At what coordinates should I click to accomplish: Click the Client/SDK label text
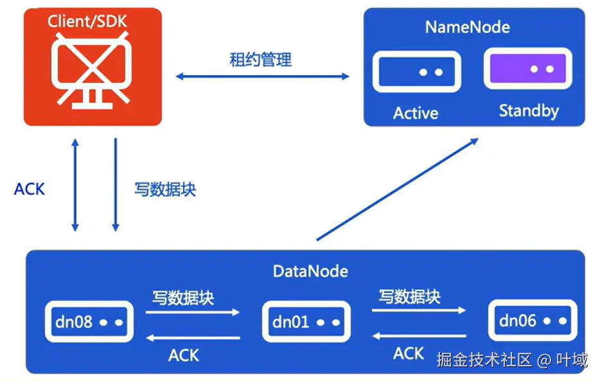click(x=88, y=21)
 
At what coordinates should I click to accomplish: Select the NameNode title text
click(x=467, y=27)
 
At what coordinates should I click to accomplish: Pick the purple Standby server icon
click(x=527, y=69)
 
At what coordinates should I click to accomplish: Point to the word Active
click(x=416, y=114)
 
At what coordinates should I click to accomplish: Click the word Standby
click(x=529, y=111)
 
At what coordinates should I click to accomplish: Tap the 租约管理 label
click(x=261, y=60)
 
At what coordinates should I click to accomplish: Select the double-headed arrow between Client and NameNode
click(x=263, y=76)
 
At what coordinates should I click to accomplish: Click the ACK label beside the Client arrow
click(x=30, y=189)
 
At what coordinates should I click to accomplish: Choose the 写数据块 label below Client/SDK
click(x=165, y=190)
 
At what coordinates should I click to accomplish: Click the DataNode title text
click(x=310, y=271)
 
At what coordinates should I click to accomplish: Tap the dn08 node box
click(x=88, y=321)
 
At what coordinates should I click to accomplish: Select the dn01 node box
click(x=305, y=321)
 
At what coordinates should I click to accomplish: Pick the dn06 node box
click(x=529, y=320)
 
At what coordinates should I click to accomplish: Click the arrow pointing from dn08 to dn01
click(x=193, y=313)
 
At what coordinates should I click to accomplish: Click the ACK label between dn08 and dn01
click(x=184, y=355)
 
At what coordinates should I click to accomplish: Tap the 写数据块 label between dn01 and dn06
click(x=409, y=296)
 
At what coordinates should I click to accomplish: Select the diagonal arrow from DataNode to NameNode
click(x=398, y=190)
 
